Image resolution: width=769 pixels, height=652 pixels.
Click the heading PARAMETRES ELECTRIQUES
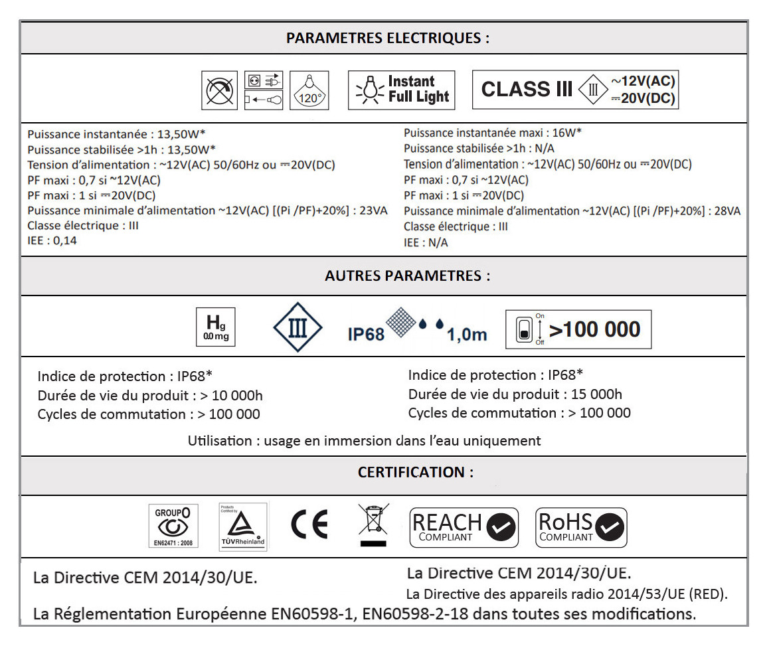pyautogui.click(x=387, y=38)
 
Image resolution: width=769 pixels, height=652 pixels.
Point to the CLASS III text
pyautogui.click(x=526, y=90)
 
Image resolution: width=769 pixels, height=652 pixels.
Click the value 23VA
pyautogui.click(x=373, y=211)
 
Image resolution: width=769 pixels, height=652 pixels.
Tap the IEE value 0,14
pyautogui.click(x=64, y=240)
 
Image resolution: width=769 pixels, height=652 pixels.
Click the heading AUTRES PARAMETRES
pyautogui.click(x=407, y=276)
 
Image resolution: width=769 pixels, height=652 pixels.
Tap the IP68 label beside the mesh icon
pyautogui.click(x=366, y=333)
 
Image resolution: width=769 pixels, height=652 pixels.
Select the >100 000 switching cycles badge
pyautogui.click(x=578, y=329)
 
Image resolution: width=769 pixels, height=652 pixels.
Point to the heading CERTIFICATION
pyautogui.click(x=416, y=472)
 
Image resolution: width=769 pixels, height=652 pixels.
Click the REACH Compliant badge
pyautogui.click(x=464, y=528)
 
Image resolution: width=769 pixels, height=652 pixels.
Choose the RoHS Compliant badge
pyautogui.click(x=580, y=528)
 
